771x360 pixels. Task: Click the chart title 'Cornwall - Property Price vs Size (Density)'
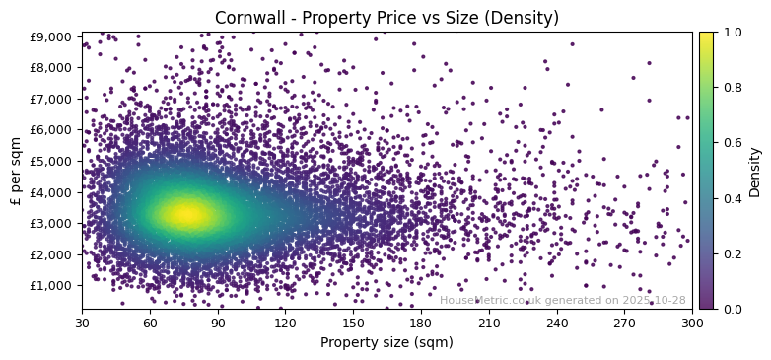[386, 18]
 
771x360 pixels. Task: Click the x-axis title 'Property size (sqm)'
[386, 343]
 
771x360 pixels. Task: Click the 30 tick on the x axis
[82, 322]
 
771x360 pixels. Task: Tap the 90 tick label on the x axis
[218, 322]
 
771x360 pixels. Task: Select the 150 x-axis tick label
[353, 322]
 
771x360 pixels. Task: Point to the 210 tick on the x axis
[489, 322]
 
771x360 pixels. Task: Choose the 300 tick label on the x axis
[692, 322]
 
